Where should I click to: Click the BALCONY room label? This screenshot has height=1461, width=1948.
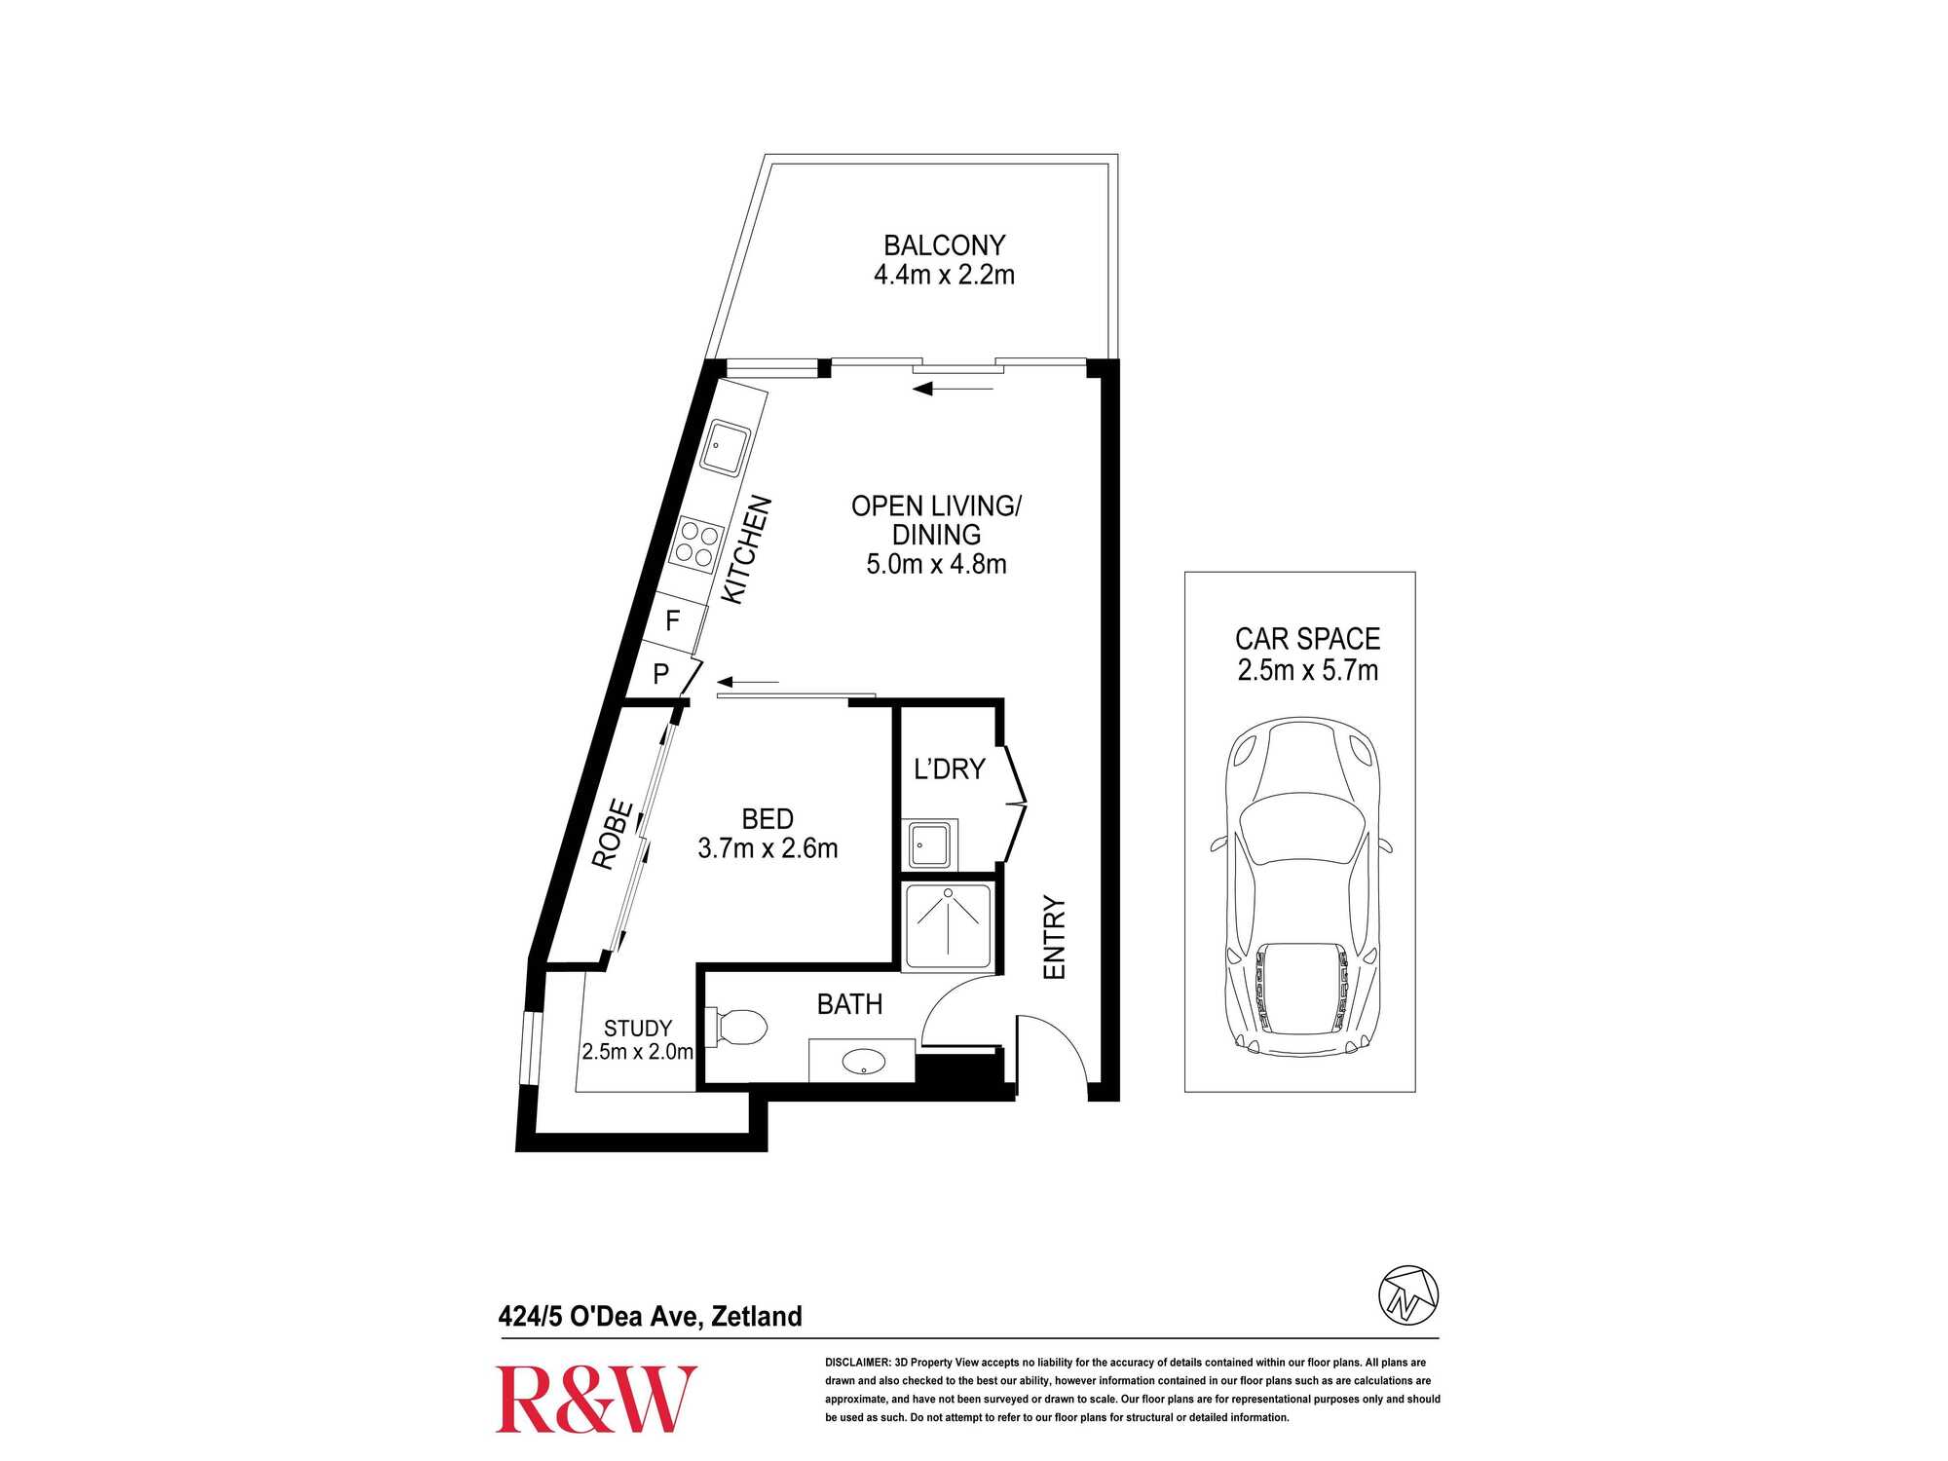click(x=944, y=245)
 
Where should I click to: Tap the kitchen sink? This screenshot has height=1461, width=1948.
click(x=726, y=448)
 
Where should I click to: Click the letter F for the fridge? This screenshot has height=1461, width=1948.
click(x=672, y=620)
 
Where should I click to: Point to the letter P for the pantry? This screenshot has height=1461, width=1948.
click(x=661, y=674)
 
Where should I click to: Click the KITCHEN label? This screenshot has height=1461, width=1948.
click(x=747, y=549)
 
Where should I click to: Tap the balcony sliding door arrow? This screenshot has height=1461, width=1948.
click(x=953, y=390)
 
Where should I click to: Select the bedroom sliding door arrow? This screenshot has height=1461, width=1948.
click(x=748, y=682)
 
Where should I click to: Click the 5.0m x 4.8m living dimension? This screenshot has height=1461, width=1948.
click(x=936, y=564)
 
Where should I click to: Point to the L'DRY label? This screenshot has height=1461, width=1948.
click(x=950, y=769)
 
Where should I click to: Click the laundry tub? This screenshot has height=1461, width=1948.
click(x=931, y=843)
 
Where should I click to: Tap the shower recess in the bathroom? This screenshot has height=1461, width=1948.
click(x=948, y=926)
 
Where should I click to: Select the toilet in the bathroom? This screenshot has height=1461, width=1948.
click(x=737, y=1027)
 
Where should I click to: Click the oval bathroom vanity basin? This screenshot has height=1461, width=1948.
click(x=863, y=1062)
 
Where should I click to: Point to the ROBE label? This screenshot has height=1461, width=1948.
click(x=614, y=834)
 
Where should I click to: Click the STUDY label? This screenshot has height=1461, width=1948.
click(x=638, y=1029)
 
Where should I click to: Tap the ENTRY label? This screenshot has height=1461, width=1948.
click(x=1055, y=938)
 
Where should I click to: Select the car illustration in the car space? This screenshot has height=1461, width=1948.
click(x=1300, y=888)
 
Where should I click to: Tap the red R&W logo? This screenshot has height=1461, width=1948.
click(x=596, y=1400)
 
